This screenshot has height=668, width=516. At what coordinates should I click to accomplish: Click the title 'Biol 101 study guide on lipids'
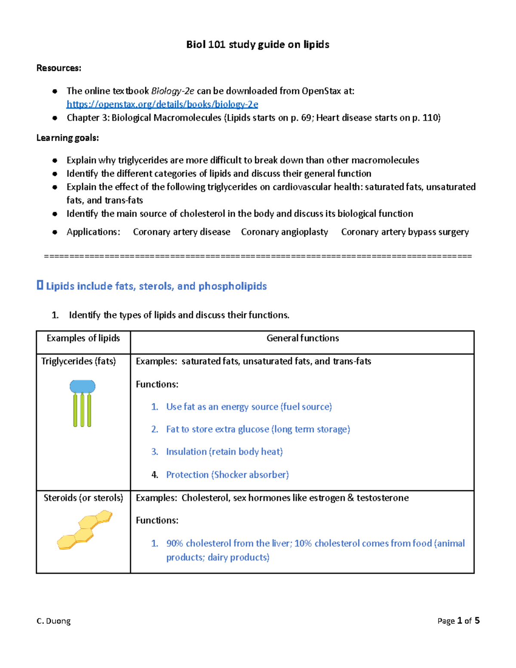[x=258, y=45]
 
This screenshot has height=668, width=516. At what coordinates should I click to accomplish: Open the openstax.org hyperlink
[x=162, y=105]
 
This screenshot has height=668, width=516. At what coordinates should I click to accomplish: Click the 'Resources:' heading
[x=58, y=68]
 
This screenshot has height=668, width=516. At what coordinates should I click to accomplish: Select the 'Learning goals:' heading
[x=68, y=138]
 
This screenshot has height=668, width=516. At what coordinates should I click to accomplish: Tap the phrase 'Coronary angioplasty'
[x=284, y=232]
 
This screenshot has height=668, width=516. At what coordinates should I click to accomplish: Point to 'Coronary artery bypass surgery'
[x=405, y=232]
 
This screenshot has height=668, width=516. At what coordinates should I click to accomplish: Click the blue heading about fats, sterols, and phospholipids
[x=156, y=286]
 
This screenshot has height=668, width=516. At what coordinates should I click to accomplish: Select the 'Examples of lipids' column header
[x=83, y=338]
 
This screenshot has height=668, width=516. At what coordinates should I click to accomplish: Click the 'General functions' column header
[x=302, y=338]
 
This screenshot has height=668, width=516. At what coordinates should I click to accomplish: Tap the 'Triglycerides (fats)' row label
[x=78, y=361]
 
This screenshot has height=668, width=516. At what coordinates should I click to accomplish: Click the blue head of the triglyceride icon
[x=83, y=386]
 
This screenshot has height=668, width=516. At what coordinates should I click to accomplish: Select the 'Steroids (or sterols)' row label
[x=83, y=498]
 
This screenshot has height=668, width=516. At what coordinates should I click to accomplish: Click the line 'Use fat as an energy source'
[x=249, y=407]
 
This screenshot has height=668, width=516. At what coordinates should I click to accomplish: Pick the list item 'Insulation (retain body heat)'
[x=224, y=452]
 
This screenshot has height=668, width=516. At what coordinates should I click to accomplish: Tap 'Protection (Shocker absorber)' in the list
[x=227, y=475]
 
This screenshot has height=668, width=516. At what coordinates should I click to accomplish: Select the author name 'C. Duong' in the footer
[x=54, y=621]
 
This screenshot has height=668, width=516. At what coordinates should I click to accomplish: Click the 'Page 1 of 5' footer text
[x=458, y=621]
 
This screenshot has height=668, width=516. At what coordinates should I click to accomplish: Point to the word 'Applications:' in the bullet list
[x=93, y=232]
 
